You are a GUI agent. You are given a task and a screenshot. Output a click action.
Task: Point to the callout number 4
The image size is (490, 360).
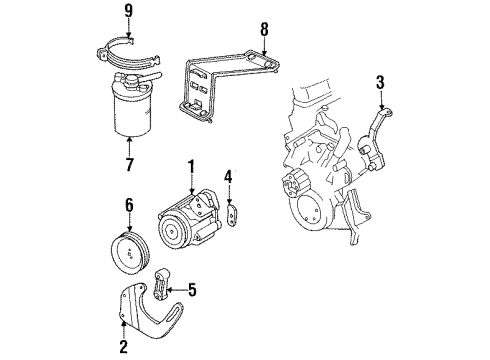[229, 181]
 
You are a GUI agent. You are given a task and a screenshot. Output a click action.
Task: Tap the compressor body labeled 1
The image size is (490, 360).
[190, 243]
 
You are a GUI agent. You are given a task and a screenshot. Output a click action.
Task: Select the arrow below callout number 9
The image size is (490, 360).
[127, 32]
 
